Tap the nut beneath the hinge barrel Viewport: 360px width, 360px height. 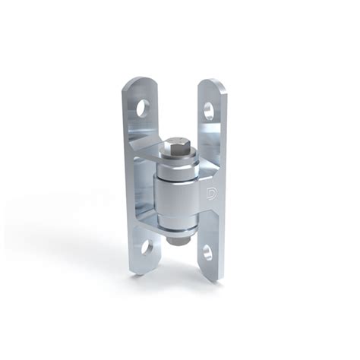click(x=175, y=242)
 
